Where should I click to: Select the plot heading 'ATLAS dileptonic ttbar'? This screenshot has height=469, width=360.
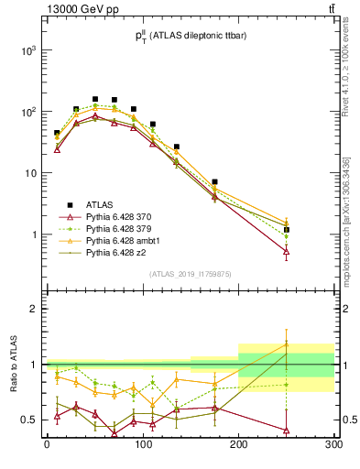point(192,36)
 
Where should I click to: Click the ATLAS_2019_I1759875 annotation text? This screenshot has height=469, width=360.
point(191,273)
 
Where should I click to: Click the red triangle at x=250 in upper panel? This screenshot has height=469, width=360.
point(287,251)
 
